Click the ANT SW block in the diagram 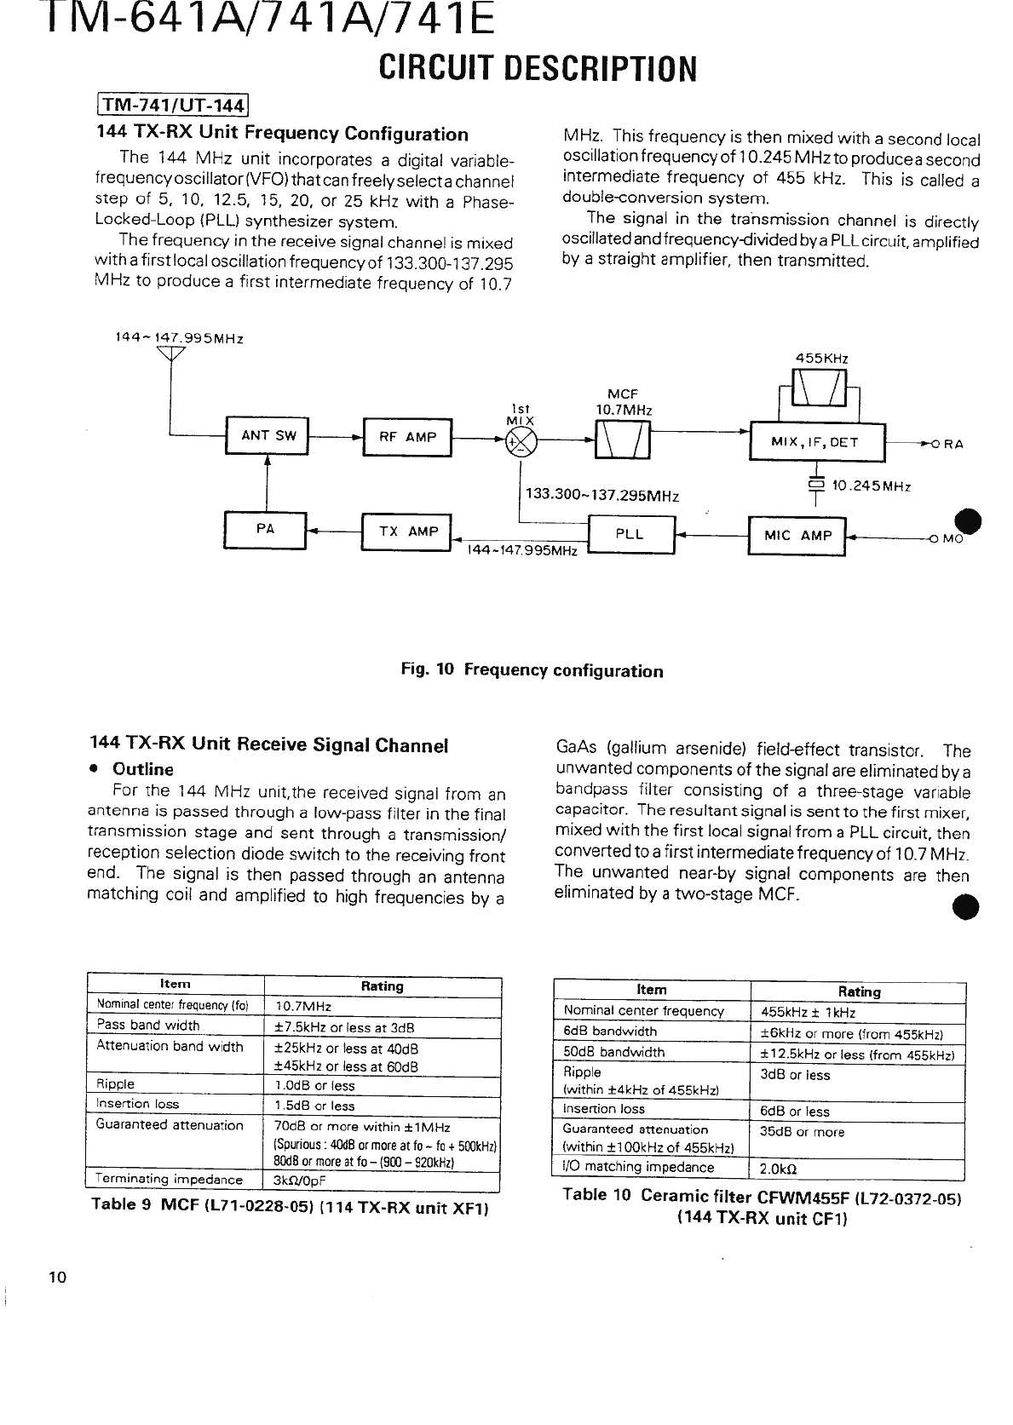pos(268,436)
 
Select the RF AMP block pos(407,437)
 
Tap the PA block pos(265,529)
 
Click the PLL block pos(630,534)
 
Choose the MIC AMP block pos(796,535)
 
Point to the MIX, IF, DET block pos(817,442)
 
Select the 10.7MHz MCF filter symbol pos(623,440)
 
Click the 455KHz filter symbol pos(819,391)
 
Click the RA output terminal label pos(953,444)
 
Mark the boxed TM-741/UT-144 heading pos(171,106)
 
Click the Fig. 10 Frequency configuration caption pos(532,670)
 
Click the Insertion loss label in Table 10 pos(604,1109)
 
